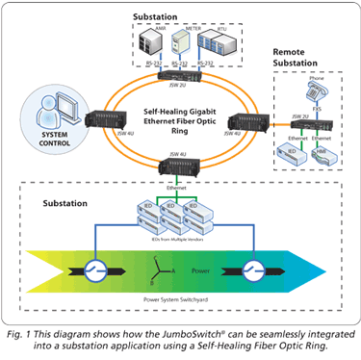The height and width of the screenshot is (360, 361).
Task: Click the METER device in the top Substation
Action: pos(193,41)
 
